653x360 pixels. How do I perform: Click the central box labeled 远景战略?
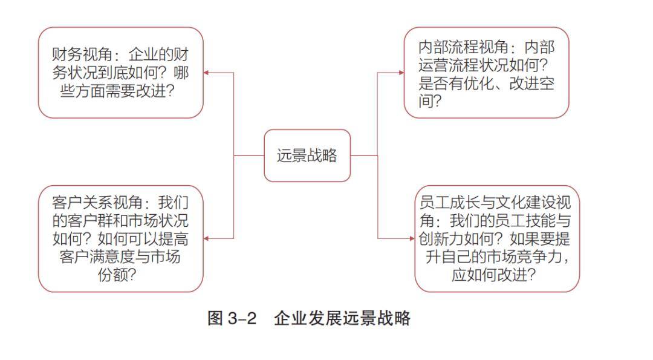[307, 155]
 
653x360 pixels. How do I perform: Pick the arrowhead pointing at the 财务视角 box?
[206, 73]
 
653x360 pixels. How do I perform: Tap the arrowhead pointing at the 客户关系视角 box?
[206, 238]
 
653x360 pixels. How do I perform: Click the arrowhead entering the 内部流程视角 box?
[401, 73]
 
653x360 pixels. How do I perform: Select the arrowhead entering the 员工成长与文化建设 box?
[412, 238]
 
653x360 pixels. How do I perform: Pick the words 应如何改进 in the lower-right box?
[489, 275]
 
